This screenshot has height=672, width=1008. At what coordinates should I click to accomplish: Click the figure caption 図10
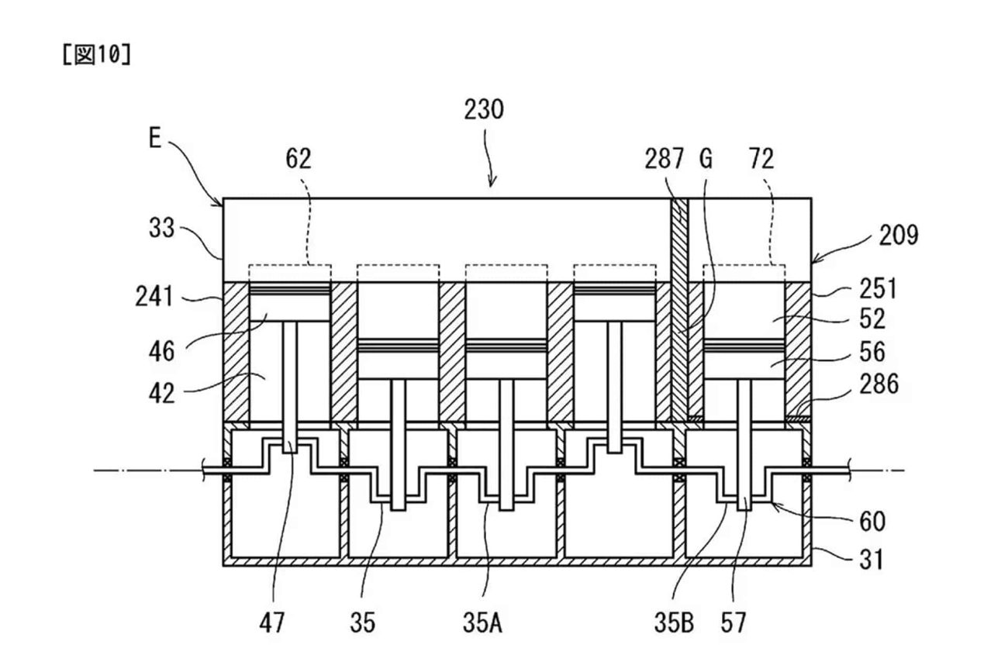click(x=96, y=57)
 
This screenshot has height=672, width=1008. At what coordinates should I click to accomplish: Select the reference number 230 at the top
click(x=484, y=109)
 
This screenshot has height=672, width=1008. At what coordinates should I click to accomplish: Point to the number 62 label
click(x=298, y=158)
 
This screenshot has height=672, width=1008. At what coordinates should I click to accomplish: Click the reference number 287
click(x=665, y=159)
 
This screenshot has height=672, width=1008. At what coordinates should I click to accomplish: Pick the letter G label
click(x=705, y=159)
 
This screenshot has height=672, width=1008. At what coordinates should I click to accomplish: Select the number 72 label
click(x=761, y=159)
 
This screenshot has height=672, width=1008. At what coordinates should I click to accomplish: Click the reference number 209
click(x=898, y=234)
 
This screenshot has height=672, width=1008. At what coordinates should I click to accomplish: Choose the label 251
click(x=878, y=288)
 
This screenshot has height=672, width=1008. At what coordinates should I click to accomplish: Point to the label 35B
click(x=672, y=623)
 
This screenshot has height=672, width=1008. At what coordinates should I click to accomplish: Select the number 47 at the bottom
click(x=273, y=623)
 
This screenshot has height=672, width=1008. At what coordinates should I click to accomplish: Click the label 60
click(x=872, y=521)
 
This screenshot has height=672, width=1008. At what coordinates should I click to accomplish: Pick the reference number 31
click(x=872, y=558)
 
